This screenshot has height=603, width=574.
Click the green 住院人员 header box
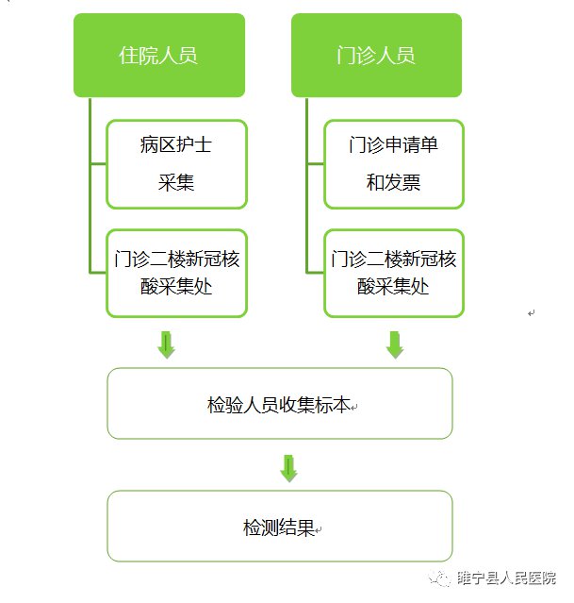click(x=158, y=55)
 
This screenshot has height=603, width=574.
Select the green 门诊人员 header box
click(x=376, y=55)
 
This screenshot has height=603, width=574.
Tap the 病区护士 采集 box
click(x=176, y=163)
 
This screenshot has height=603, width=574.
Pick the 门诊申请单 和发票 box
click(x=393, y=163)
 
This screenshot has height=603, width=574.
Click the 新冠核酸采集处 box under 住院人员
click(x=176, y=272)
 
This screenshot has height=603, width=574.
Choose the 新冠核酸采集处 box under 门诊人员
click(x=393, y=272)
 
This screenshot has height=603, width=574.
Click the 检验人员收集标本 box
click(x=280, y=404)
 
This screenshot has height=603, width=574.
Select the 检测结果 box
click(x=280, y=527)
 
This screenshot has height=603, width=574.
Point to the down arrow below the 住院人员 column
click(x=167, y=344)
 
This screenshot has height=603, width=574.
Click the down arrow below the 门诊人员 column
click(x=395, y=344)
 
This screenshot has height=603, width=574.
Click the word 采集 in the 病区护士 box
click(x=176, y=182)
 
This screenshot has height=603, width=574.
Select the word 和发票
click(x=393, y=182)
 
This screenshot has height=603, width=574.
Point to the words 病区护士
click(x=176, y=145)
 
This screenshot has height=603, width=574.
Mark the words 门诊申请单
click(x=393, y=145)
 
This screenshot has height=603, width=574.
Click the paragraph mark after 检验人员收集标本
click(x=354, y=407)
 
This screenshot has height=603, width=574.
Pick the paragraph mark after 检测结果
click(x=319, y=529)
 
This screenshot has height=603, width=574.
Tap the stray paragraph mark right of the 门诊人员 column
click(x=532, y=313)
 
